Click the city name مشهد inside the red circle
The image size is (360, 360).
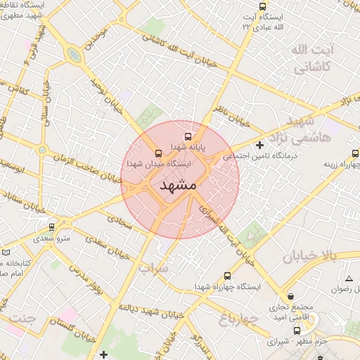click(x=178, y=186)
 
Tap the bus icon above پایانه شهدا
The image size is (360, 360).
click(x=188, y=136)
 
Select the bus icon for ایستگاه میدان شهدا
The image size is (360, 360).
click(x=157, y=153)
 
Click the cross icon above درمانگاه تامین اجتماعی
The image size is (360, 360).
click(x=259, y=145)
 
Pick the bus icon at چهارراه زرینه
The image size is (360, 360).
click(x=355, y=153)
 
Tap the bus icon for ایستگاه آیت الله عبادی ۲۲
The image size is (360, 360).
click(x=263, y=6)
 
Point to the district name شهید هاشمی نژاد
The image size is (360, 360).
click(x=314, y=130)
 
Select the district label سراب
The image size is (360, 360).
click(x=153, y=269)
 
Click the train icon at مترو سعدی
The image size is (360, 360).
click(x=51, y=227)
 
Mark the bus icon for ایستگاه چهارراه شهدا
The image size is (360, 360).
click(x=226, y=276)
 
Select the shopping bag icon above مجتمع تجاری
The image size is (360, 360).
click(x=291, y=296)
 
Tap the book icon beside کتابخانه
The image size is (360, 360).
click(x=6, y=251)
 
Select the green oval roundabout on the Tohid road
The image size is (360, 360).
click(x=73, y=54)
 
